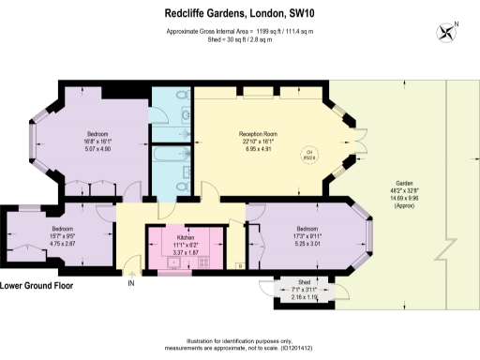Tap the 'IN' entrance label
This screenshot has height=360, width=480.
pos(131,283)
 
